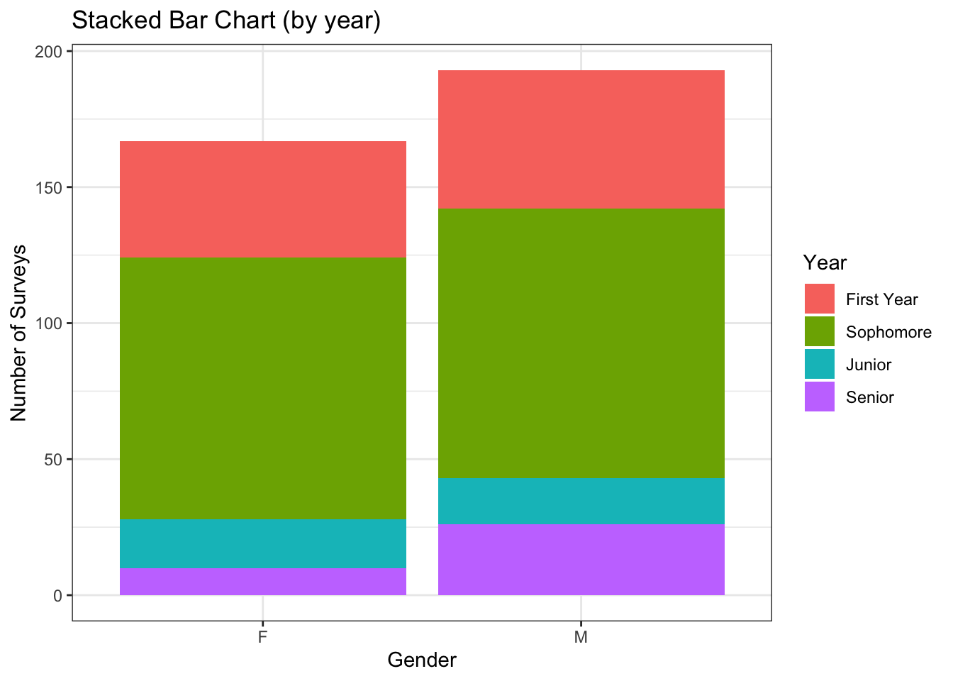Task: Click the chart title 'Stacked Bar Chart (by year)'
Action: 226,21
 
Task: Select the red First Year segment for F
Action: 262,199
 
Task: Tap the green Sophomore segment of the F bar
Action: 262,388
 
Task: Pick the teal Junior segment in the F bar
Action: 262,543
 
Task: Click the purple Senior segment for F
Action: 262,582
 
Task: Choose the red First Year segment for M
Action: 581,139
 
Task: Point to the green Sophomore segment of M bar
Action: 581,343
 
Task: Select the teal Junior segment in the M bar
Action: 581,501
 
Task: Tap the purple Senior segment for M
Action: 581,560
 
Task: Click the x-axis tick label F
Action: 262,637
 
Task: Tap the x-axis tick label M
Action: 581,637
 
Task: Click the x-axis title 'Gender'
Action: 422,660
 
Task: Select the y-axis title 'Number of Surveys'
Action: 19,332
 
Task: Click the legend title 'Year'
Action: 825,263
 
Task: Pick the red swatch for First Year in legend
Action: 820,299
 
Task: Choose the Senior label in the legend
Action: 870,397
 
